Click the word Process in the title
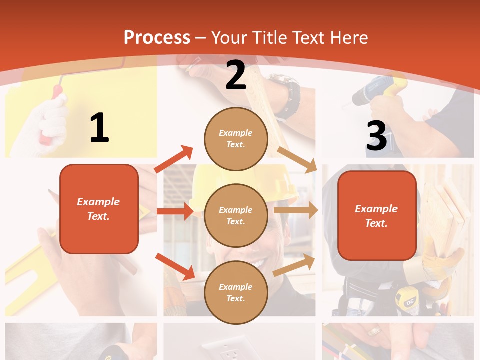157,38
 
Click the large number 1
99,128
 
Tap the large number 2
235,75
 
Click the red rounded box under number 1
99,209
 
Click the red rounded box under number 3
377,216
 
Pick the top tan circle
236,139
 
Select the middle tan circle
236,215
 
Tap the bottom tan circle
236,292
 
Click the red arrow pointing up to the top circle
174,159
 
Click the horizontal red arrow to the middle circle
174,211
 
